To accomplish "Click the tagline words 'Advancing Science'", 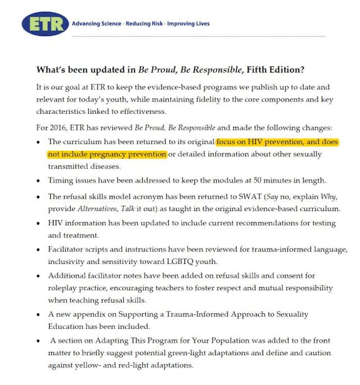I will coord(96,24).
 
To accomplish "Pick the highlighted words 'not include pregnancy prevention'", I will coord(107,154).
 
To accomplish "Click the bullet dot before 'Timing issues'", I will coord(38,181).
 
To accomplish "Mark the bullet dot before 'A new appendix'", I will coord(38,315).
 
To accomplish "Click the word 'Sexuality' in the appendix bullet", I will coord(289,314).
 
